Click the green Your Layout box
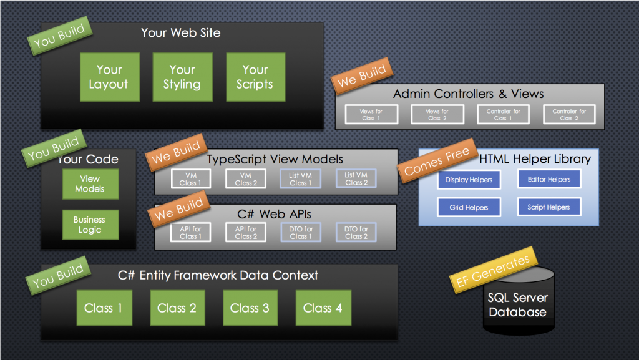pos(109,77)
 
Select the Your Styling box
pos(182,77)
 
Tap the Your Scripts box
pos(255,77)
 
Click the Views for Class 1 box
pos(371,114)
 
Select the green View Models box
pos(90,183)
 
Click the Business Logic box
pos(90,225)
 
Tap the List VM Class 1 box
pos(300,179)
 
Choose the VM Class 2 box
pos(246,179)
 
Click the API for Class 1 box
pos(191,233)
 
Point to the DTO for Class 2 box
pos(356,233)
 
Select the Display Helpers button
pos(469,180)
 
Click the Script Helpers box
pos(549,207)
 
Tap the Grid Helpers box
pos(469,207)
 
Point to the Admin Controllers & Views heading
pos(469,94)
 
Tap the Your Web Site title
pos(181,32)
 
